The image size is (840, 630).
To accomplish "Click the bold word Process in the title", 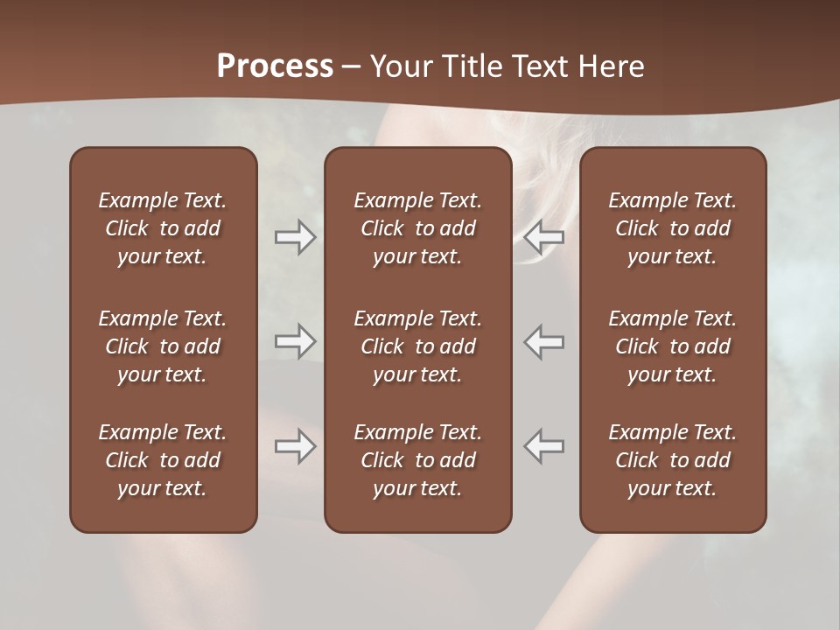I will [x=275, y=66].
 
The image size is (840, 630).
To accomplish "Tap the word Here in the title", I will [x=612, y=66].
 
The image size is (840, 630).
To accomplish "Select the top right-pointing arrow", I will [x=295, y=237].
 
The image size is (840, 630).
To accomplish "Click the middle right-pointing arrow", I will [x=295, y=341].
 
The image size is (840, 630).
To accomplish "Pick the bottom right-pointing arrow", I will [x=295, y=446].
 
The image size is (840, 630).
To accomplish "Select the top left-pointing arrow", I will [x=544, y=237].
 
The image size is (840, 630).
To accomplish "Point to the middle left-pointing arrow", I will [x=544, y=341].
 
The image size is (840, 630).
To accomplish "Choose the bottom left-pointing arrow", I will [x=544, y=446].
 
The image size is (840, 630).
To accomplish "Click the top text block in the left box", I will [x=163, y=228].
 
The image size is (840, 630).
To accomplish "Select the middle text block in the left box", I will [x=163, y=346].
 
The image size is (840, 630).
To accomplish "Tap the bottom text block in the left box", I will [x=163, y=460].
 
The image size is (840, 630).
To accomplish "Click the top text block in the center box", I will [x=417, y=228].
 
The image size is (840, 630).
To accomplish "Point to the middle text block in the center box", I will [x=417, y=346].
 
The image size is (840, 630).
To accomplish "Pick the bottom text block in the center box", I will [x=417, y=460].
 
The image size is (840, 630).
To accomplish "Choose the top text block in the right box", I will [x=672, y=228].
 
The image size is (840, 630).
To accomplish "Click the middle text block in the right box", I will [x=672, y=346].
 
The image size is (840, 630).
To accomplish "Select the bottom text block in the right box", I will [x=672, y=460].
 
